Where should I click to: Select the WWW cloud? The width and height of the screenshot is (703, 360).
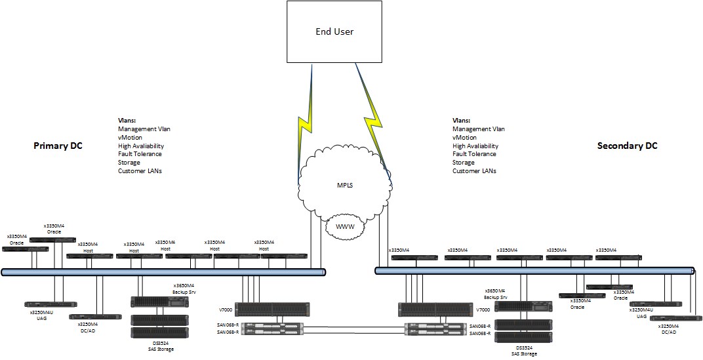click(x=345, y=226)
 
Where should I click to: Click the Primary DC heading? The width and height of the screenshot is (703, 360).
click(x=58, y=146)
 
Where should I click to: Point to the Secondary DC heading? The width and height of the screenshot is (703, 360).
click(x=627, y=146)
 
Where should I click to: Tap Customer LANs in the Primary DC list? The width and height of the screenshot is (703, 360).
click(x=140, y=170)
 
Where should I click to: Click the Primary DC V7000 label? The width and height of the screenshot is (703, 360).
click(x=226, y=310)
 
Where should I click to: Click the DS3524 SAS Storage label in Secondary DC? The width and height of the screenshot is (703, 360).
click(x=523, y=350)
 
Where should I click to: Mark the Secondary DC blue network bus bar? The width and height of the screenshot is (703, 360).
click(x=534, y=270)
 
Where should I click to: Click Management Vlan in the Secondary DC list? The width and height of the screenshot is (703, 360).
click(x=479, y=129)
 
